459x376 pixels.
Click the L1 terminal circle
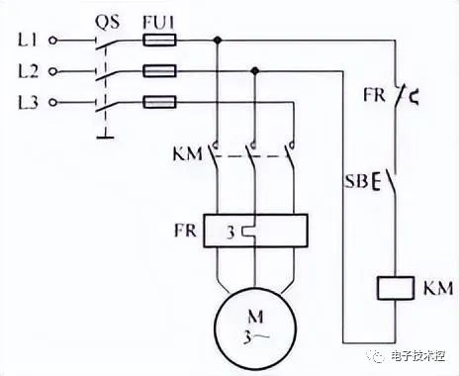(x=52, y=41)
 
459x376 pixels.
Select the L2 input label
(x=28, y=71)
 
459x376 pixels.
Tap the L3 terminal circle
(x=52, y=103)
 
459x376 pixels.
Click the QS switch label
(x=108, y=23)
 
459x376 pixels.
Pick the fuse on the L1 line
(x=159, y=41)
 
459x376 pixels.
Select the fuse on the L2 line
(x=159, y=71)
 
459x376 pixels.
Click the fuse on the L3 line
(x=159, y=102)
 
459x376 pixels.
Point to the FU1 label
(x=158, y=23)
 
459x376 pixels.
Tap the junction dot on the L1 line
(x=217, y=41)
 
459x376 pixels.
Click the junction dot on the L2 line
(x=254, y=70)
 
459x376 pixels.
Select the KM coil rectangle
(x=396, y=288)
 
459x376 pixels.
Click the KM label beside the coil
(x=438, y=288)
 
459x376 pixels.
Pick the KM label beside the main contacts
(x=188, y=154)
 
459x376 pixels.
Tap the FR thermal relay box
(x=255, y=231)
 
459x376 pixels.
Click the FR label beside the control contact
(x=374, y=95)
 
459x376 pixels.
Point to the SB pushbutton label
(x=356, y=181)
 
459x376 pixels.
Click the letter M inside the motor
(x=255, y=317)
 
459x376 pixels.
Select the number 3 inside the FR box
(x=230, y=233)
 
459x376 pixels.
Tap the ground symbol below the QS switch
(x=105, y=136)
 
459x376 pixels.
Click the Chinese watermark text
(x=418, y=356)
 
